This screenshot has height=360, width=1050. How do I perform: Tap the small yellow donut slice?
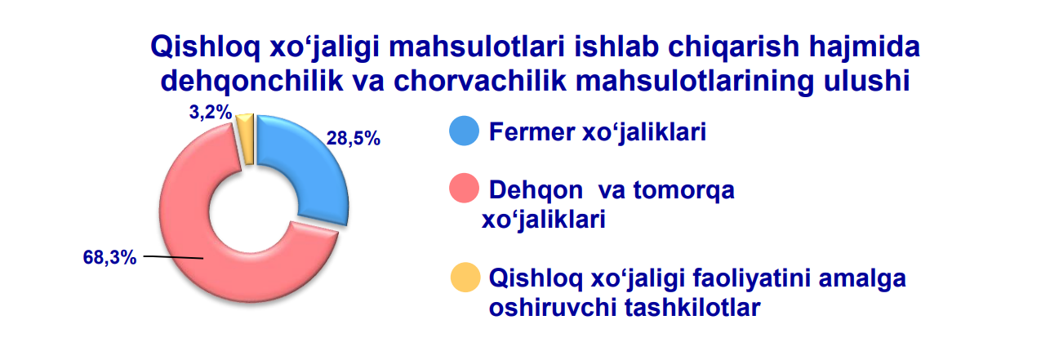246,138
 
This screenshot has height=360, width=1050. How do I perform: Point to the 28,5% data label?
353,138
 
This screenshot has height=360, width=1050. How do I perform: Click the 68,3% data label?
109,257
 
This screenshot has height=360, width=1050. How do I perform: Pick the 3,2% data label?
211,112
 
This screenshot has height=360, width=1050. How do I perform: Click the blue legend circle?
464,131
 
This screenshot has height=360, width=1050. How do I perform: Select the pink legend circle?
464,188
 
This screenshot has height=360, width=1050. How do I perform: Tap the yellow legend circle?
465,277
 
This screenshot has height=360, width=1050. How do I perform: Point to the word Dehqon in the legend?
536,190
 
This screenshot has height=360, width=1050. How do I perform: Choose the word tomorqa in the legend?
684,190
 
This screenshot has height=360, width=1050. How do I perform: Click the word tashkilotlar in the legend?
692,308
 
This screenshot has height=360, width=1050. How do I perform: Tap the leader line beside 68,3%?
173,257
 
